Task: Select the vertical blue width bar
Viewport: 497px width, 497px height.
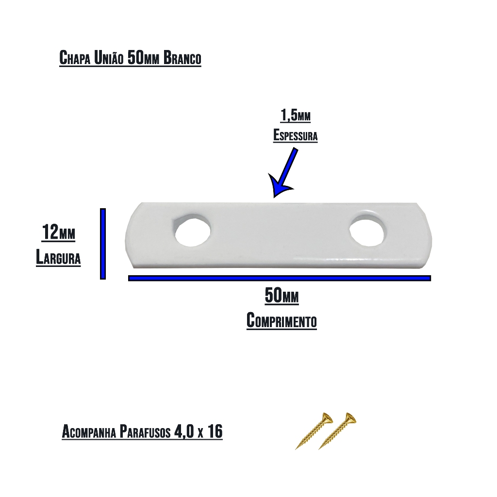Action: click(103, 244)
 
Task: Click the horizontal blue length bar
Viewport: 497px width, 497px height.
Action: click(279, 278)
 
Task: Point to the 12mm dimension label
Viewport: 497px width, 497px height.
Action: click(59, 232)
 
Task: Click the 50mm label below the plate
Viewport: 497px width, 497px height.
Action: click(282, 296)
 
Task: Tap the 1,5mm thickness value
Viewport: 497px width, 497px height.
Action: click(296, 116)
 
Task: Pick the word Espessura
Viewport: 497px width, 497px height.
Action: click(296, 135)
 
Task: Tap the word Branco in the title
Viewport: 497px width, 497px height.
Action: click(182, 58)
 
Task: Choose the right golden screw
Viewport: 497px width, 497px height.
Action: click(337, 431)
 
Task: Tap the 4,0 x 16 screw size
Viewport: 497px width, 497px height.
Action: click(199, 431)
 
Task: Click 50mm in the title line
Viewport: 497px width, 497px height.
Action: click(143, 58)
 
